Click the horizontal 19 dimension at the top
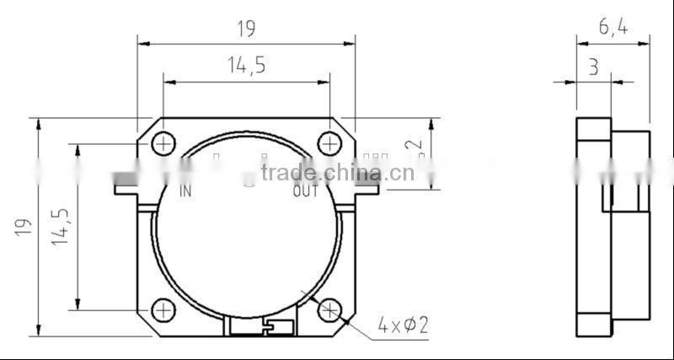[245, 29]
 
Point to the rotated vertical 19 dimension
[23, 227]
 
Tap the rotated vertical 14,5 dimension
[61, 227]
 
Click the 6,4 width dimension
[612, 27]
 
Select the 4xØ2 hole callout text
[403, 324]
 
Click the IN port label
[185, 191]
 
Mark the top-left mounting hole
[163, 144]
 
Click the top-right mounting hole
[329, 144]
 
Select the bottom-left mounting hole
[163, 310]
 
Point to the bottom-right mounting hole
[329, 310]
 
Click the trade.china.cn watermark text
[337, 173]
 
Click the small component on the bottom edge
[261, 326]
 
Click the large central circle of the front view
[246, 244]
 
